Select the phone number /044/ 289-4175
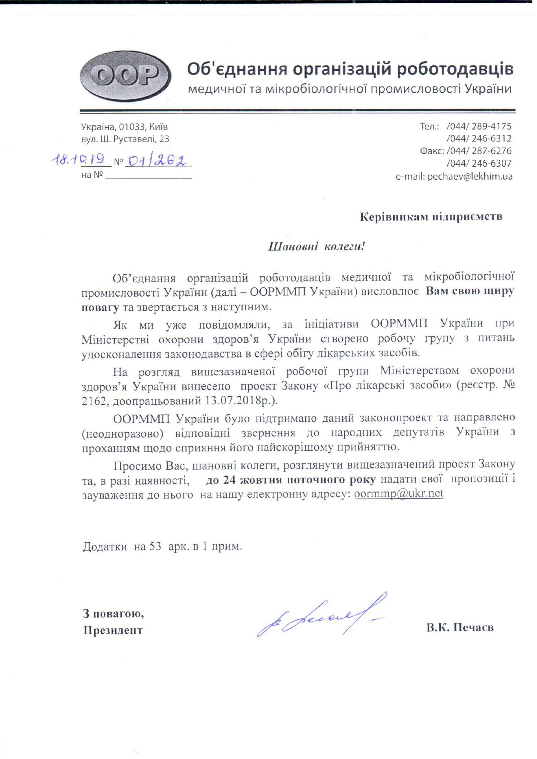[478, 126]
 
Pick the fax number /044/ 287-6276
[478, 151]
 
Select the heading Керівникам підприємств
[431, 217]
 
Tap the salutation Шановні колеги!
[316, 247]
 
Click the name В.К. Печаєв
[460, 627]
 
